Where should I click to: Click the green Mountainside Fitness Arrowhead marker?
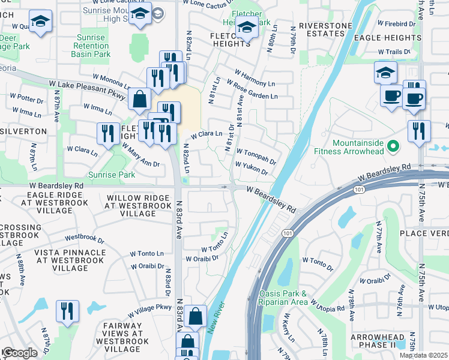pyautogui.click(x=394, y=146)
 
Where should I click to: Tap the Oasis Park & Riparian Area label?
pyautogui.click(x=283, y=298)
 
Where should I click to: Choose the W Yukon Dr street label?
pyautogui.click(x=251, y=167)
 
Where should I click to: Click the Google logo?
pyautogui.click(x=19, y=352)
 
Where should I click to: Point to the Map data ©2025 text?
pyautogui.click(x=423, y=355)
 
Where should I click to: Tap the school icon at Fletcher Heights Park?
pyautogui.click(x=246, y=26)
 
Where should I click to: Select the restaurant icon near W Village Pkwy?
pyautogui.click(x=67, y=311)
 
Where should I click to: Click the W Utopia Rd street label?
pyautogui.click(x=328, y=308)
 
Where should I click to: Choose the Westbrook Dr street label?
pyautogui.click(x=84, y=238)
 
